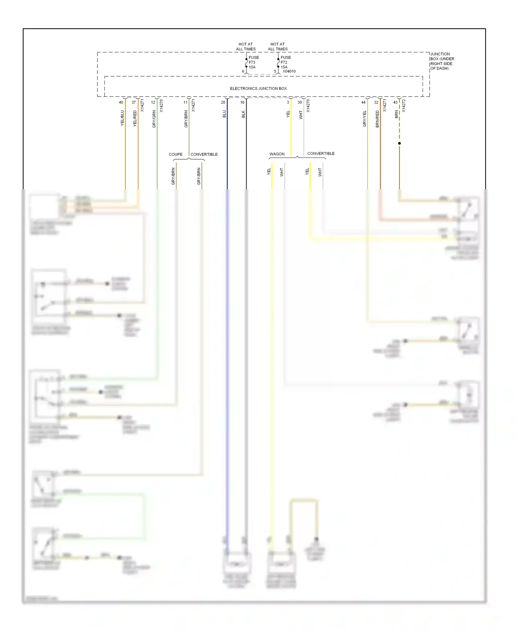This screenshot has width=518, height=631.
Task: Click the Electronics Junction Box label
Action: tap(258, 88)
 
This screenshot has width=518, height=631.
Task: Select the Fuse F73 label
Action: tap(253, 62)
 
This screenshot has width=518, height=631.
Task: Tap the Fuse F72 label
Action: tap(285, 62)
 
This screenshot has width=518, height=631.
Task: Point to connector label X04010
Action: tap(289, 71)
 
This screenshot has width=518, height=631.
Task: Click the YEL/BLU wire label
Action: tap(122, 118)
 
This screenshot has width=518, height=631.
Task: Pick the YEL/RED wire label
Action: tap(135, 118)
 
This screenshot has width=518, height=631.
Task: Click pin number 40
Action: tap(121, 102)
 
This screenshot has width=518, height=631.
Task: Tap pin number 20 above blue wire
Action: tap(223, 102)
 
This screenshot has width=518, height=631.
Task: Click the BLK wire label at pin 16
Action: tap(243, 114)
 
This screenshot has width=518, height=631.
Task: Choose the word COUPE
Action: tap(175, 154)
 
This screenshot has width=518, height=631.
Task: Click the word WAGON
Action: tap(277, 154)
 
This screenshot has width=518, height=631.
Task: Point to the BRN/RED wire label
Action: tap(377, 119)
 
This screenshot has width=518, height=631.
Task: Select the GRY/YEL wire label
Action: tap(364, 118)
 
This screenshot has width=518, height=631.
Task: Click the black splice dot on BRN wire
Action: tap(399, 143)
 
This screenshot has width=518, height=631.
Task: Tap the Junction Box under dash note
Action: tap(442, 61)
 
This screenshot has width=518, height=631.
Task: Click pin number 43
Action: tap(395, 102)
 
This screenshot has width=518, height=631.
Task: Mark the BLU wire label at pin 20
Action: tap(224, 114)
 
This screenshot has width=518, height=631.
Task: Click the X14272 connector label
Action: tap(404, 106)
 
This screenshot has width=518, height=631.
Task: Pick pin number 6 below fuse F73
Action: tap(243, 71)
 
